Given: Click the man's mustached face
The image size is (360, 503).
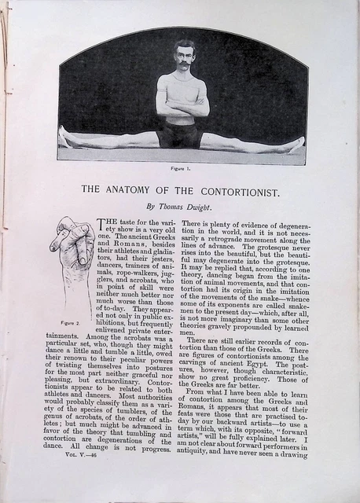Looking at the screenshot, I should [184, 57].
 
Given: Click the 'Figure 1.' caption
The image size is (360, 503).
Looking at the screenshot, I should [182, 168].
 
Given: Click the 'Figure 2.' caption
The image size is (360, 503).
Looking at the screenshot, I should [71, 322].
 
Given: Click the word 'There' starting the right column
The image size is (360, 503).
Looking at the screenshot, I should [197, 223].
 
